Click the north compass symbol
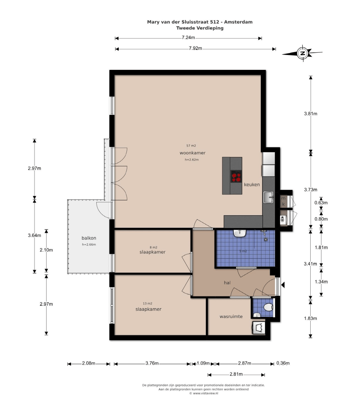tap(303, 53)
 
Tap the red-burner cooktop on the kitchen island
tap(236, 177)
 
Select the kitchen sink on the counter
tap(268, 197)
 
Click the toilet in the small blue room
tap(268, 307)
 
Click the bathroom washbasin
tap(239, 233)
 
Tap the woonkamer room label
tap(193, 153)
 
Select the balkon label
tap(89, 238)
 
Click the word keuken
tap(252, 185)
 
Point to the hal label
tap(227, 283)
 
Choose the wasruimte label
tap(231, 316)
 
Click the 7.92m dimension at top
tap(195, 48)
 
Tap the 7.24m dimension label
tap(188, 37)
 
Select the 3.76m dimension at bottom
tap(152, 363)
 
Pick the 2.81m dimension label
tap(236, 374)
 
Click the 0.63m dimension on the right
tap(321, 203)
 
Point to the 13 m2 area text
tap(148, 304)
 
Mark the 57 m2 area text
tap(191, 146)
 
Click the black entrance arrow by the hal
tap(283, 285)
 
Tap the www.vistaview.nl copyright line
tap(203, 393)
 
